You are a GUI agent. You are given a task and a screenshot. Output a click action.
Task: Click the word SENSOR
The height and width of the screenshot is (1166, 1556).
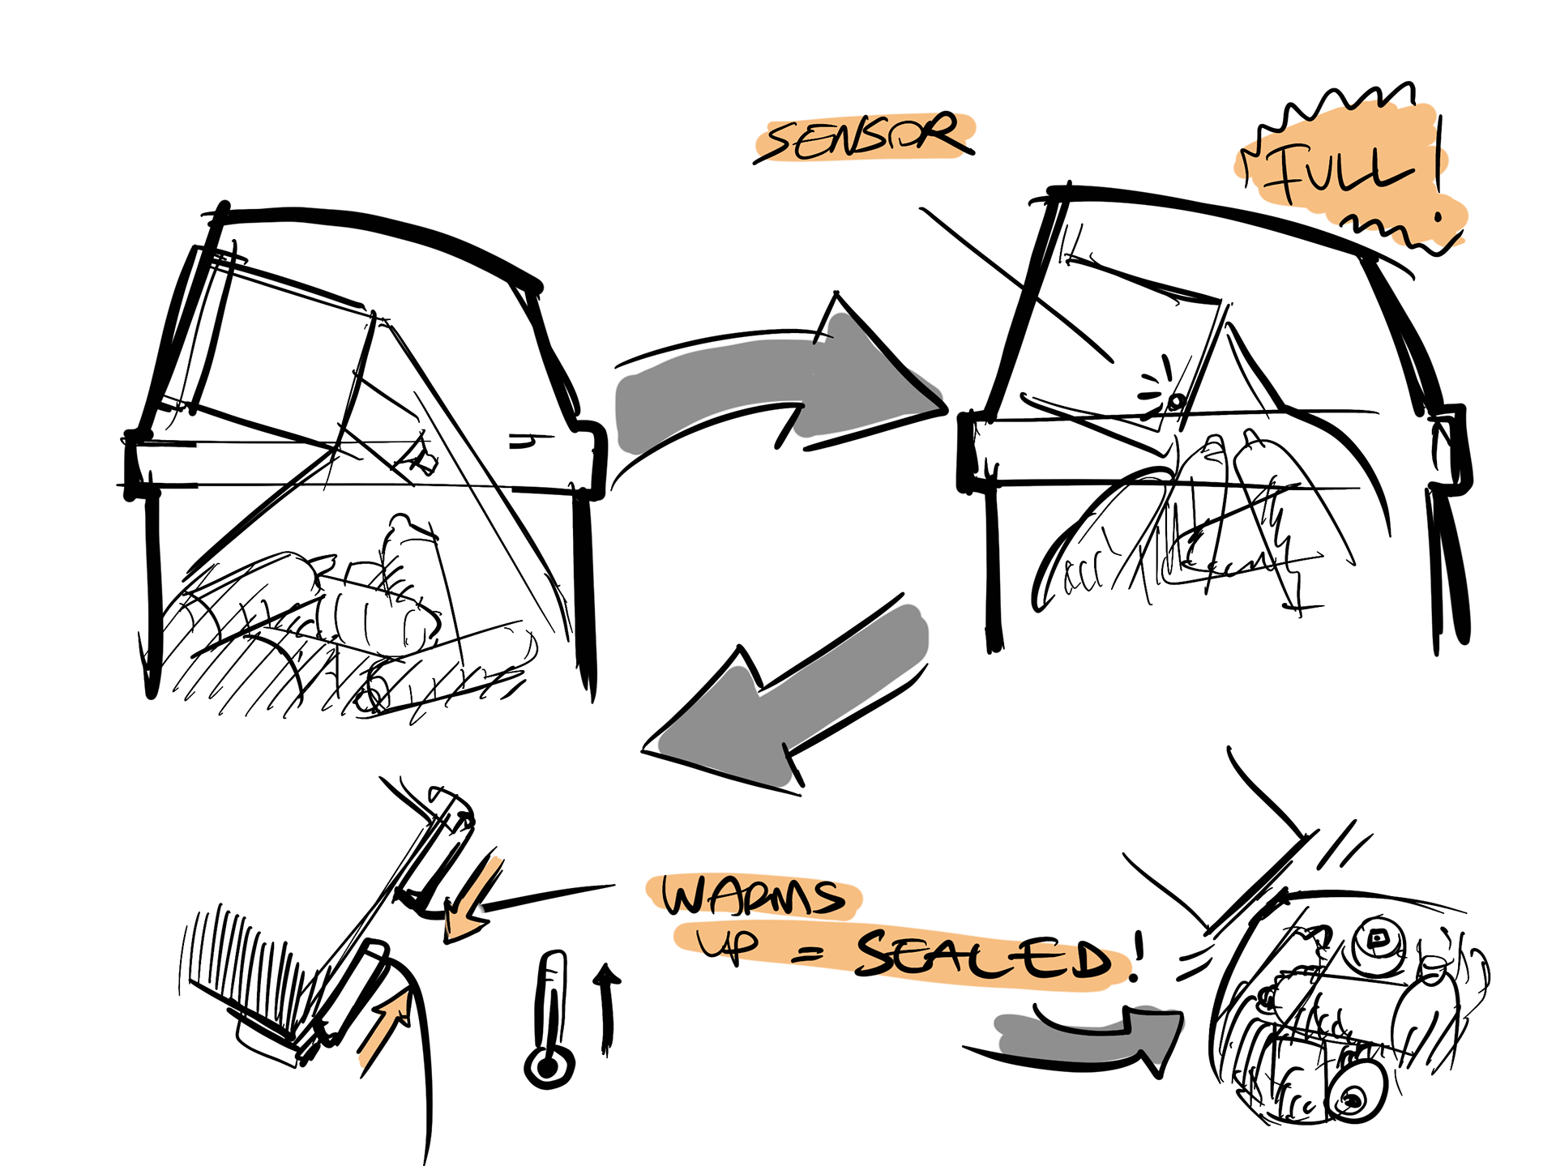(866, 138)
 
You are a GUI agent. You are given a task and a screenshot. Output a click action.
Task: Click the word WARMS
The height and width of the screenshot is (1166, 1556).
(753, 896)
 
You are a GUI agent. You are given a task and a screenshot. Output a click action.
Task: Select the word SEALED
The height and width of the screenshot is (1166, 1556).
(984, 956)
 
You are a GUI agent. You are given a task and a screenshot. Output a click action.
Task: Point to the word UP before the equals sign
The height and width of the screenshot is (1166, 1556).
(728, 943)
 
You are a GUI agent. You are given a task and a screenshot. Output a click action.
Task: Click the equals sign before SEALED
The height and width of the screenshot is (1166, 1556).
(806, 955)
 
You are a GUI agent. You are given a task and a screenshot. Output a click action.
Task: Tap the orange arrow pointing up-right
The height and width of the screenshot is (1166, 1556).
(383, 1029)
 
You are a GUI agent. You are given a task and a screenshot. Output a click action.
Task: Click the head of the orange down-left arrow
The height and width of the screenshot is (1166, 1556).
(458, 923)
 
